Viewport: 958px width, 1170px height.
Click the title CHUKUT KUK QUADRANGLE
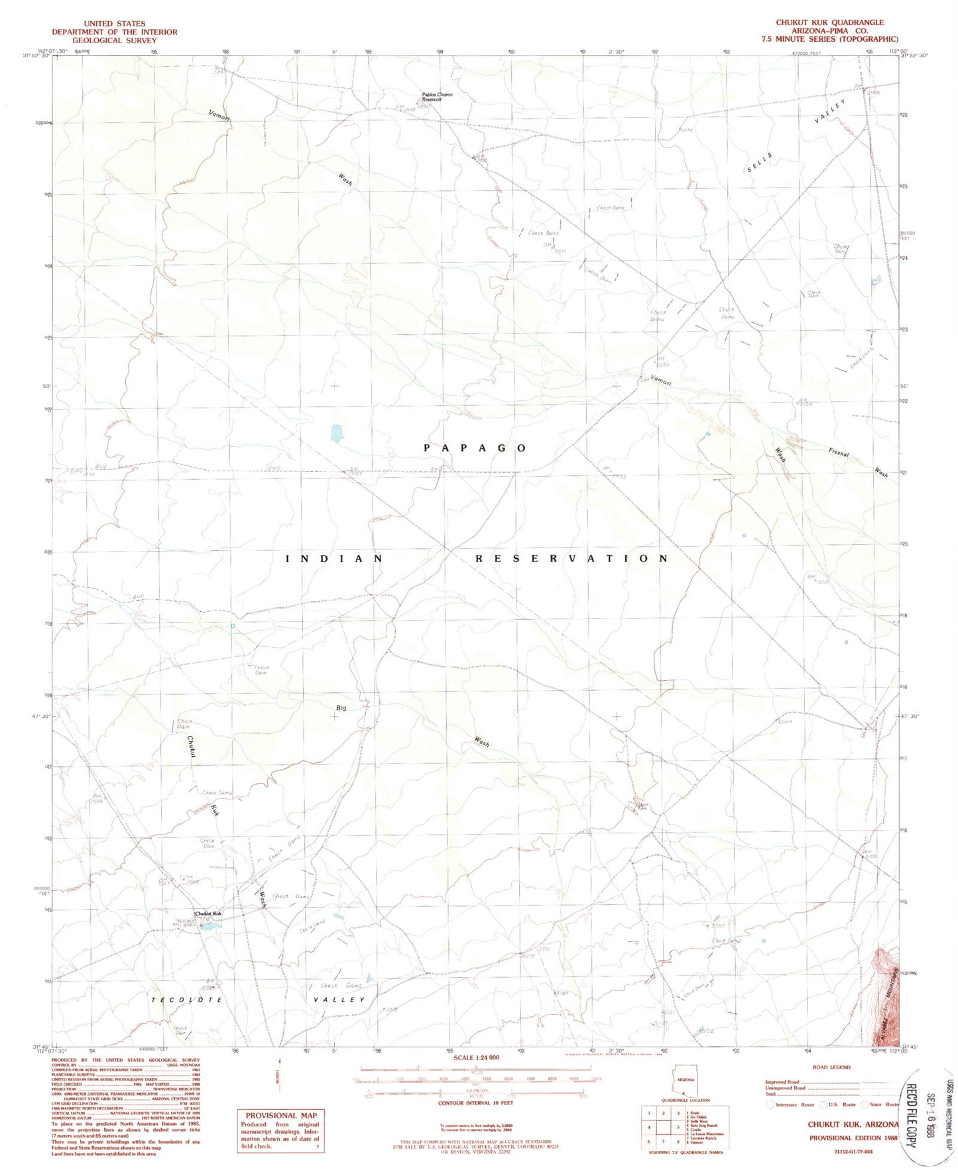point(829,23)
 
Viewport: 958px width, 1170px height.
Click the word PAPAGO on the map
point(475,448)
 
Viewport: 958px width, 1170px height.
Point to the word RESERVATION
point(571,559)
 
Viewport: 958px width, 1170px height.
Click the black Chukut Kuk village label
point(208,913)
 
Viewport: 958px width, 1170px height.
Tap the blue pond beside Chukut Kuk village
point(210,925)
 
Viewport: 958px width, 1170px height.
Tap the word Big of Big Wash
point(341,708)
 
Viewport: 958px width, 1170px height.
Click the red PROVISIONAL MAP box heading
point(281,1116)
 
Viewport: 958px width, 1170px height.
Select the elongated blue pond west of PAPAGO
point(337,434)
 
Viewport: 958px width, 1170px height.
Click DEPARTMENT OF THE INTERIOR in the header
point(115,32)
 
